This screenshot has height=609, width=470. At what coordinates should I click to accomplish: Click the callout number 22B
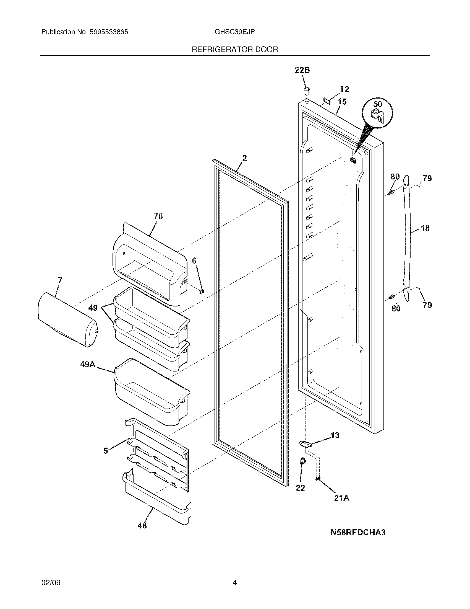click(x=302, y=70)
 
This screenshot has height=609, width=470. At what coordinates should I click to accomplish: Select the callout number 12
click(x=344, y=89)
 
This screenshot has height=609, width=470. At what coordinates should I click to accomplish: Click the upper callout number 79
click(x=427, y=178)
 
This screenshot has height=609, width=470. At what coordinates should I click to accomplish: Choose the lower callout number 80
click(x=396, y=308)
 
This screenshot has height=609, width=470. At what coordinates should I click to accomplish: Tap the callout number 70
click(x=158, y=216)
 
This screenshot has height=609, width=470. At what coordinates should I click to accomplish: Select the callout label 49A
click(x=88, y=364)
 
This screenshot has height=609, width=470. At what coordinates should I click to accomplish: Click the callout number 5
click(x=106, y=451)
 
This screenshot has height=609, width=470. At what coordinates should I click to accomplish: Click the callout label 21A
click(x=342, y=498)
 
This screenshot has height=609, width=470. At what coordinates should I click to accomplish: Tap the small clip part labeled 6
click(x=202, y=292)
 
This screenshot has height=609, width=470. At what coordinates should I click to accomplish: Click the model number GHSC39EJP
click(x=234, y=32)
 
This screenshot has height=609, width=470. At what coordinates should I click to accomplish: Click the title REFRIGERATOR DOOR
click(x=235, y=50)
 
